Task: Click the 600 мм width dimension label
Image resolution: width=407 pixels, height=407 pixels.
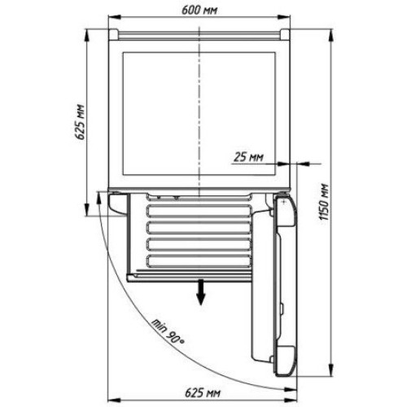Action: (x=199, y=11)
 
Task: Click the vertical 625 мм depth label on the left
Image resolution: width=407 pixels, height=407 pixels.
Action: (x=80, y=122)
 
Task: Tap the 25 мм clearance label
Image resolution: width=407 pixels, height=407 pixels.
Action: (x=248, y=157)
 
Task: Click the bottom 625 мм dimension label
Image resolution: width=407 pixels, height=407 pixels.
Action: (x=203, y=392)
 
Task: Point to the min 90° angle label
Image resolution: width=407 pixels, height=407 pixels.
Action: (x=168, y=331)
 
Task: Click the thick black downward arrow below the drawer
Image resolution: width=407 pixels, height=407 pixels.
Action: (x=200, y=292)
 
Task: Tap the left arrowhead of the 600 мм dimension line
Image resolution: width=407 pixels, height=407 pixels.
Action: (x=114, y=17)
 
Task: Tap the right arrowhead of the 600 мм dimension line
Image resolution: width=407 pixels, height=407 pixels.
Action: (x=284, y=17)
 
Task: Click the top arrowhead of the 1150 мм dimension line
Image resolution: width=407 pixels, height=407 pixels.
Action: (x=331, y=36)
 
